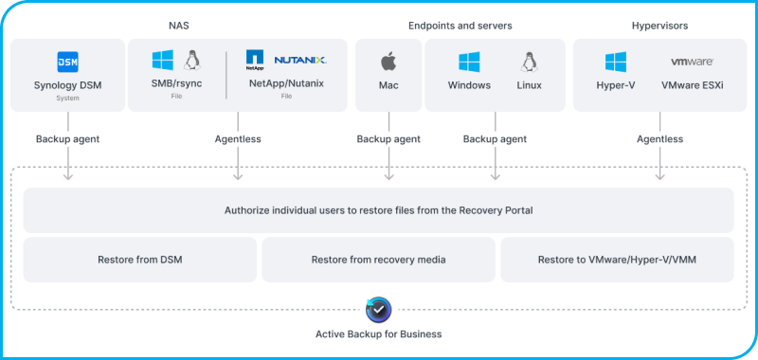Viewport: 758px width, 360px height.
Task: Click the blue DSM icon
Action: click(67, 62)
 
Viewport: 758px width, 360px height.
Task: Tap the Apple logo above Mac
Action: click(388, 63)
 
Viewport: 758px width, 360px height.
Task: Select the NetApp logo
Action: click(254, 61)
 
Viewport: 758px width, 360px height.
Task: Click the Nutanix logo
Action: click(299, 60)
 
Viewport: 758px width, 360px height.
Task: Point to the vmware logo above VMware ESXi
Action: click(692, 62)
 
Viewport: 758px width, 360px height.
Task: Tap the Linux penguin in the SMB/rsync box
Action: click(193, 61)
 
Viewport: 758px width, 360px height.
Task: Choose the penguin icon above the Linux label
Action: click(529, 63)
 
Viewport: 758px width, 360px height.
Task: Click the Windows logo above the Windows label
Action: click(469, 63)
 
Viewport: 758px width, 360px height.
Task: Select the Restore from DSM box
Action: click(140, 260)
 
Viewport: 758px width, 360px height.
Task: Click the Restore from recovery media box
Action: click(378, 260)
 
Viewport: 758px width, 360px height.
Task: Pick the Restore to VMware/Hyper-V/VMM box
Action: click(617, 260)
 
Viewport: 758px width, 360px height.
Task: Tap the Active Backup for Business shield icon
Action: click(378, 309)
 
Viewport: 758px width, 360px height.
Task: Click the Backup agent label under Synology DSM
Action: click(67, 139)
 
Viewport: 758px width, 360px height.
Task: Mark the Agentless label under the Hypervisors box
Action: click(659, 139)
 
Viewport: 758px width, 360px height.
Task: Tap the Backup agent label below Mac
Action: click(388, 139)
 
